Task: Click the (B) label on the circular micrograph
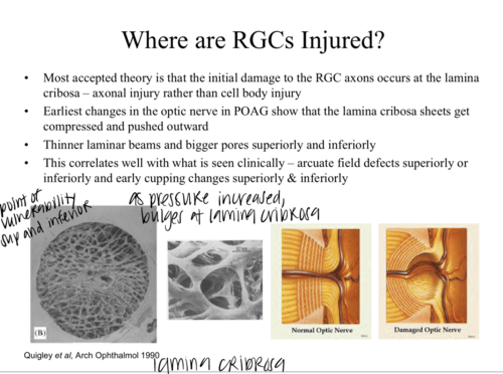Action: pyautogui.click(x=40, y=332)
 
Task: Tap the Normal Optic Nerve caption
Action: pyautogui.click(x=322, y=330)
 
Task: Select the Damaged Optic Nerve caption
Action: pyautogui.click(x=427, y=330)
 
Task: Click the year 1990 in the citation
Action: pyautogui.click(x=150, y=355)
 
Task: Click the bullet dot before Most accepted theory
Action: pyautogui.click(x=27, y=78)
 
